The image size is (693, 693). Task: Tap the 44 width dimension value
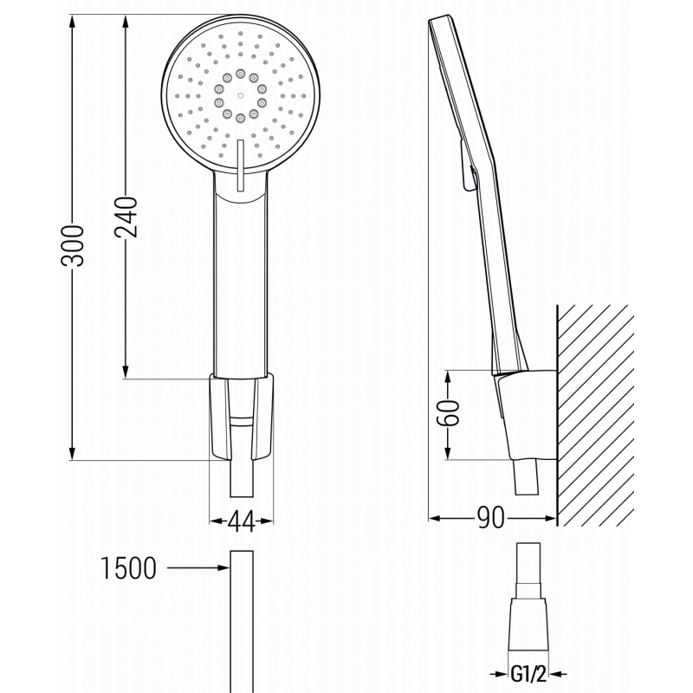click(242, 521)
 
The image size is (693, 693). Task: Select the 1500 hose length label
click(128, 568)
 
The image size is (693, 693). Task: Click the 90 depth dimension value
click(491, 519)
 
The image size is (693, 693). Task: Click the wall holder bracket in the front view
click(241, 415)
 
